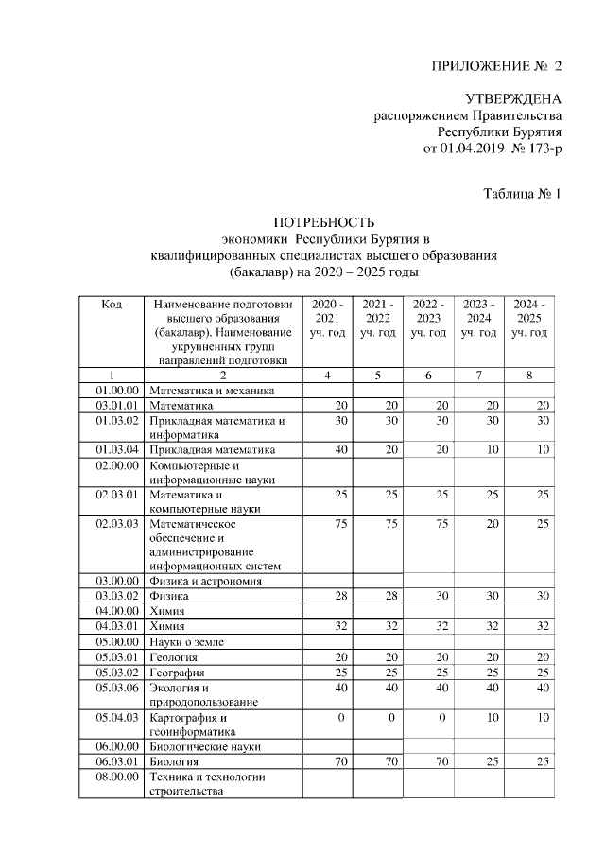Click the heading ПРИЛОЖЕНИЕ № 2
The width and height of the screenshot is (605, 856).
(496, 66)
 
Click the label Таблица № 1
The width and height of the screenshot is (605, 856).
(523, 195)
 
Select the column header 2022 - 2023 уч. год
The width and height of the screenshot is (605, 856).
(428, 319)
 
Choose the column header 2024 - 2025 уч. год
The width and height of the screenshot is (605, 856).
(529, 319)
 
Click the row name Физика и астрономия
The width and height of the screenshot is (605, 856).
(205, 581)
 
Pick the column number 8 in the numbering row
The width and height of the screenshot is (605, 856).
(529, 376)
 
